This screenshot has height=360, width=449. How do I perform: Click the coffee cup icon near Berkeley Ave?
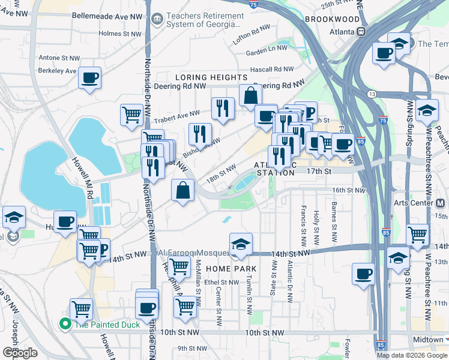coord(89,78)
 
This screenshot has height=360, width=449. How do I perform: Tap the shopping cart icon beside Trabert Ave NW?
coord(131,115)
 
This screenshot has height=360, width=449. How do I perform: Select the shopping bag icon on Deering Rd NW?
coord(250,95)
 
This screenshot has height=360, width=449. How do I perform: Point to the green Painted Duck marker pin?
coord(65,324)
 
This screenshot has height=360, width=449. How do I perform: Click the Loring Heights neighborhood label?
coord(211,77)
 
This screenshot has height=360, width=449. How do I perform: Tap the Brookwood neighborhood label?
coord(332,19)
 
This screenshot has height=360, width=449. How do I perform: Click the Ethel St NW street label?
coord(221,282)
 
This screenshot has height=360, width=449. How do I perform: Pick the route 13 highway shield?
coord(372,94)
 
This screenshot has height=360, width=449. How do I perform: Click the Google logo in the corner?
coord(20,353)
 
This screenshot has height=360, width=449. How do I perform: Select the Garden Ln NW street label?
coord(267,53)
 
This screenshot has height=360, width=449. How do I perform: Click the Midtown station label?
coord(427,340)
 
